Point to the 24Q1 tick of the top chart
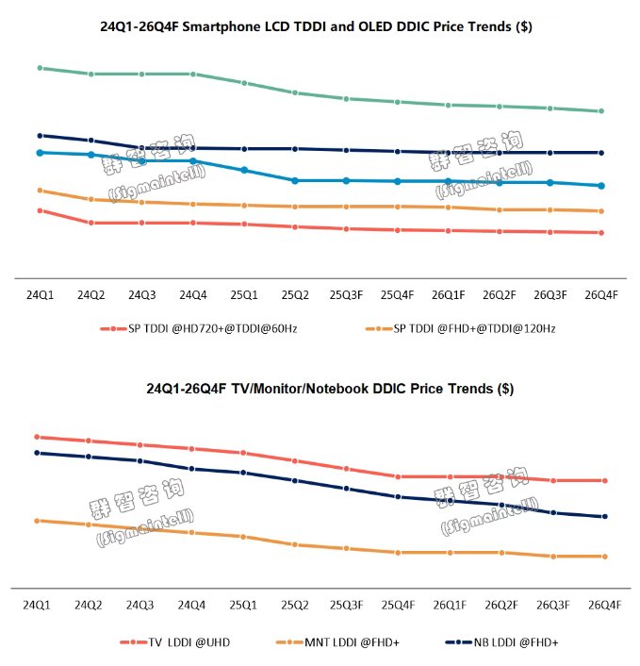coord(40,295)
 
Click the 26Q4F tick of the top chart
coord(601,295)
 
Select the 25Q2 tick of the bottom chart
coord(295,604)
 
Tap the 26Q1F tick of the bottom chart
coord(449,604)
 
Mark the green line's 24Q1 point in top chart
coord(40,68)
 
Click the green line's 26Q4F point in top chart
coord(601,111)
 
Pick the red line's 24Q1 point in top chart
coord(40,210)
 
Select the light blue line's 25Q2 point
coord(295,180)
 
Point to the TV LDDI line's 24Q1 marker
coord(37,437)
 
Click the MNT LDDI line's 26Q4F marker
coord(604,557)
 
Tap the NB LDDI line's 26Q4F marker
coord(604,516)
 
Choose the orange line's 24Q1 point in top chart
coord(40,191)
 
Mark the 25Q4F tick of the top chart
coord(398,295)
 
